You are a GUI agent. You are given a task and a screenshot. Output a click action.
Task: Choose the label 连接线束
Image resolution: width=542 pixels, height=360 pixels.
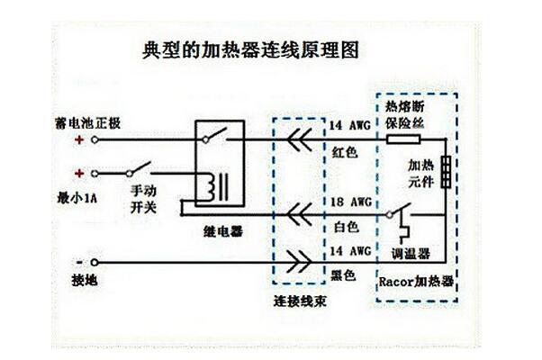click(300, 301)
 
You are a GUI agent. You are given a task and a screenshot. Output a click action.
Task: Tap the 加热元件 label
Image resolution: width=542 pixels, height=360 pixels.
click(421, 174)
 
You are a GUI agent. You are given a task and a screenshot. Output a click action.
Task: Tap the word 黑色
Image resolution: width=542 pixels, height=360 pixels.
click(345, 273)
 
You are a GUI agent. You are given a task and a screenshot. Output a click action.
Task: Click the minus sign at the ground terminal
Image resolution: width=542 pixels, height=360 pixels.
click(80, 257)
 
